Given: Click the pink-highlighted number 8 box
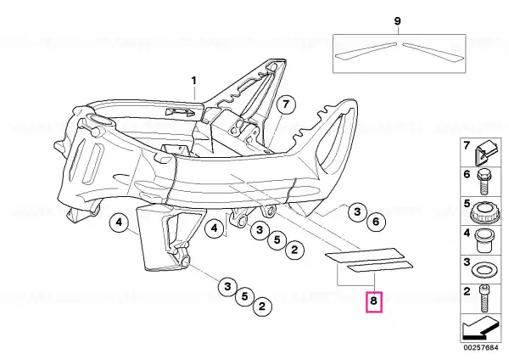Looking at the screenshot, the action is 373,302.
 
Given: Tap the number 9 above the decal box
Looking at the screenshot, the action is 397,21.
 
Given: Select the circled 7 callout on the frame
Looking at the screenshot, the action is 285,105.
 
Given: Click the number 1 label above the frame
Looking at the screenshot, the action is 194,81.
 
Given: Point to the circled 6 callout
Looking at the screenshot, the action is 376,222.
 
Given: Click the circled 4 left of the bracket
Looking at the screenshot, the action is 119,223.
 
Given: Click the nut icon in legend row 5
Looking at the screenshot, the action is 483,211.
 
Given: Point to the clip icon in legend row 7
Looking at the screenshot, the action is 485,152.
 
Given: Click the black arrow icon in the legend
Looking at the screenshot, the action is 480,329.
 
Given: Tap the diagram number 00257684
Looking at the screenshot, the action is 481,347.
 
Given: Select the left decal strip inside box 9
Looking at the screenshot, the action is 366,51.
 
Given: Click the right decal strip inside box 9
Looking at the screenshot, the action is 433,51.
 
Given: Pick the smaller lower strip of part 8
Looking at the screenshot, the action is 380,267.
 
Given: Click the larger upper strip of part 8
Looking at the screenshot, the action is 364,255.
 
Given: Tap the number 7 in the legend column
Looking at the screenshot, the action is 467,146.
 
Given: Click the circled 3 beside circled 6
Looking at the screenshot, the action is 357,212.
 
